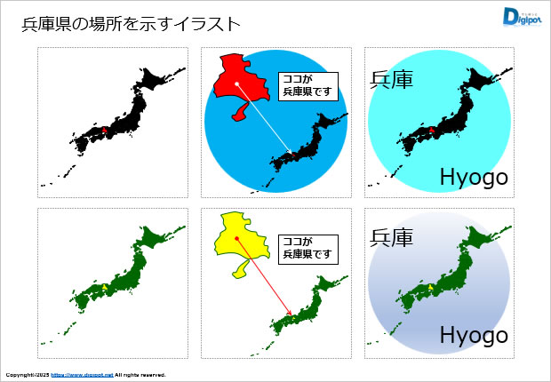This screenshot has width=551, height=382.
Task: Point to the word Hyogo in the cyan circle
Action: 474,178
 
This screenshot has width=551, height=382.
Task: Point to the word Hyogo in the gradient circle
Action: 474,335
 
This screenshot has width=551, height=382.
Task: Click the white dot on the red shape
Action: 237,84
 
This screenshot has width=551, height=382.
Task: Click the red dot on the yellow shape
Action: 236,239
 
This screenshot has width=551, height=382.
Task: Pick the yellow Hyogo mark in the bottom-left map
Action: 105,287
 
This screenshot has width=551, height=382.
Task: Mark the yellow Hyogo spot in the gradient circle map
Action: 431,287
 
